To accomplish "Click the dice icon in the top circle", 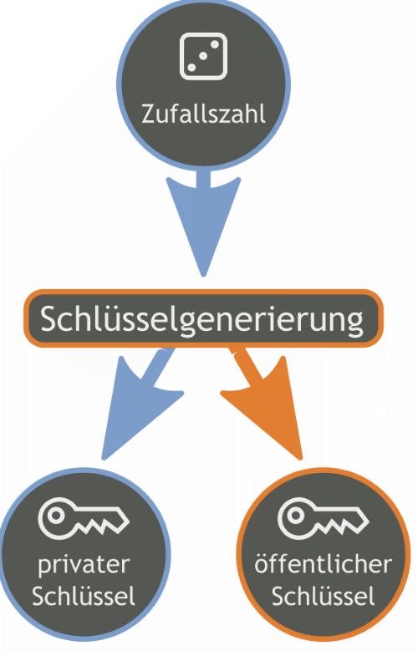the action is [203, 56].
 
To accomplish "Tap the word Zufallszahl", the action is [203, 114].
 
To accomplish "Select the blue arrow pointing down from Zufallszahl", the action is [203, 223].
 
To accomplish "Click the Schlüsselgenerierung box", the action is [203, 318].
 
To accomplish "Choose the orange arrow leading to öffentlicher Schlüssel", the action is [266, 403].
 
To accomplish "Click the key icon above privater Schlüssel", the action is [84, 518].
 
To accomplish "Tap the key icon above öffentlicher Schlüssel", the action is [324, 518].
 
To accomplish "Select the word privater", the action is [84, 565].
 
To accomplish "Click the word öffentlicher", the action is [324, 564].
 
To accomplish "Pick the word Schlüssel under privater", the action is [84, 596].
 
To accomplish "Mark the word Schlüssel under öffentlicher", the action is [324, 596].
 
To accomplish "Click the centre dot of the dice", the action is [203, 56].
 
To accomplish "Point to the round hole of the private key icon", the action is [56, 516].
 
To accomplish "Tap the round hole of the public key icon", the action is [296, 516].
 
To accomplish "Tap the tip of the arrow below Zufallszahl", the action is [203, 276].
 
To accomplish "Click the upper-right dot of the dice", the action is [215, 44].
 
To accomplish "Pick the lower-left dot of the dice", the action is [191, 67].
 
